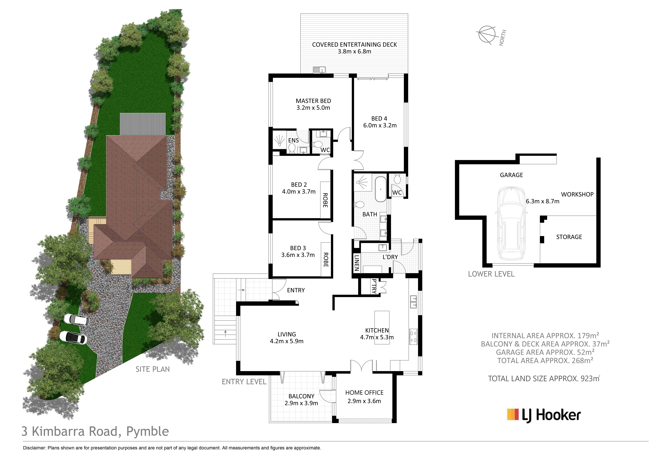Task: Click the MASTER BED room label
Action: pyautogui.click(x=313, y=101)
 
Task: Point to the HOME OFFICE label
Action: pyautogui.click(x=364, y=393)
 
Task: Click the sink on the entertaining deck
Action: pyautogui.click(x=319, y=70)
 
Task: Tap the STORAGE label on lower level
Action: pyautogui.click(x=569, y=237)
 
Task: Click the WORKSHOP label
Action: pyautogui.click(x=577, y=194)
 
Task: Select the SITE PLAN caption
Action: pyautogui.click(x=153, y=369)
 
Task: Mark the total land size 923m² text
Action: pyautogui.click(x=544, y=379)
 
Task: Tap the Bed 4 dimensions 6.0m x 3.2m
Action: pyautogui.click(x=380, y=125)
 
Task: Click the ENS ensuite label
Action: pyautogui.click(x=293, y=140)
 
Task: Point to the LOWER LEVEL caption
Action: pyautogui.click(x=491, y=274)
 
